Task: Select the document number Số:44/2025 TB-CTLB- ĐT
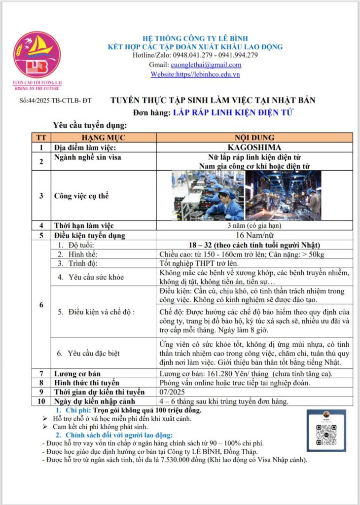[x=55, y=101]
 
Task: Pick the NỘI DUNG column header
[x=255, y=138]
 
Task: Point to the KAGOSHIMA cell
[x=255, y=147]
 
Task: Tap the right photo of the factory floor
[x=284, y=195]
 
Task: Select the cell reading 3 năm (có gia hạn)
[x=255, y=226]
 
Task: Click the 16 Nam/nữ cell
[x=255, y=235]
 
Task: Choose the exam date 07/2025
[x=171, y=392]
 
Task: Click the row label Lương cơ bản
[x=76, y=373]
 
